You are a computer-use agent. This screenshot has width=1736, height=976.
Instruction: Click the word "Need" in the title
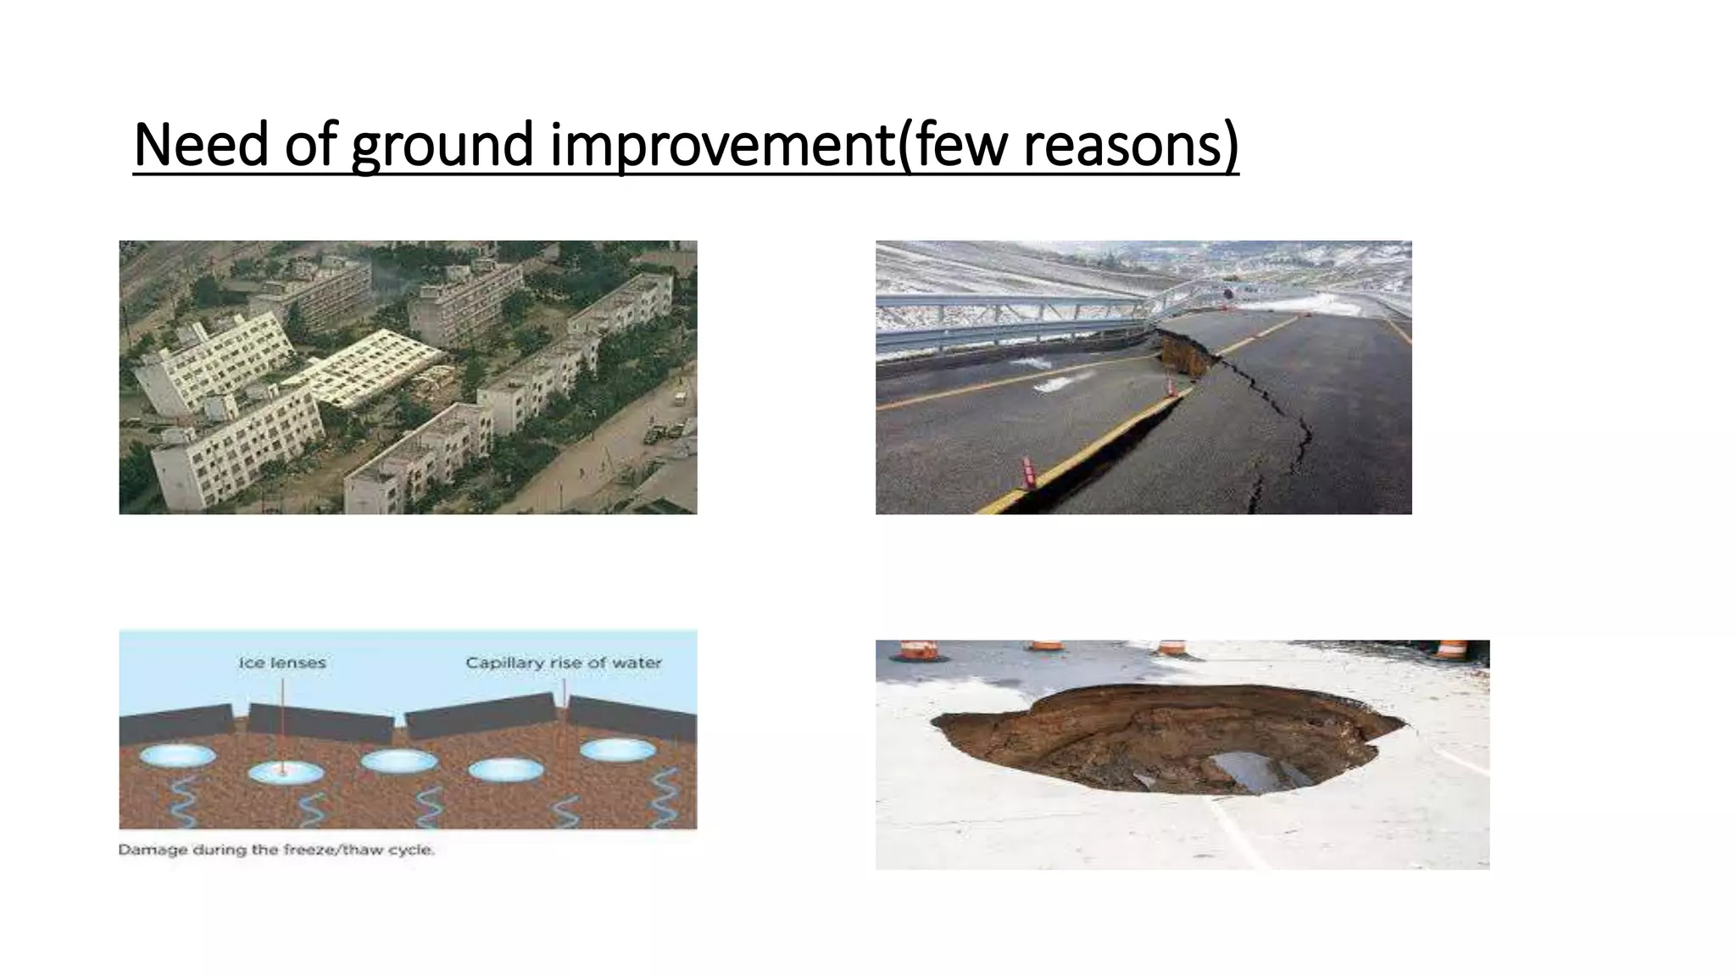201,144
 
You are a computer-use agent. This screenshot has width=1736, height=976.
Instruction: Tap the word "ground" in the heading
442,146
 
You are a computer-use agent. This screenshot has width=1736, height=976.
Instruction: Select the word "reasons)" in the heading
1131,146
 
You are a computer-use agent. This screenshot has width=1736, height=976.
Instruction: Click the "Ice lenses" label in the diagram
282,663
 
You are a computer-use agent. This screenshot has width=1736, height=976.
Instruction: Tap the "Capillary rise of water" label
564,663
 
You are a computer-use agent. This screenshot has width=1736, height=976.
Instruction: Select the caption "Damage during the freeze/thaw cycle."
276,850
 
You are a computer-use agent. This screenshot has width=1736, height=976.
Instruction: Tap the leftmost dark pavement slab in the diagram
175,724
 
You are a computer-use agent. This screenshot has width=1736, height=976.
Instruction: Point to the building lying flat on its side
370,366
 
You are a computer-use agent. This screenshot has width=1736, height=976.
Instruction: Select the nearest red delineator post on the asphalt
1030,473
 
